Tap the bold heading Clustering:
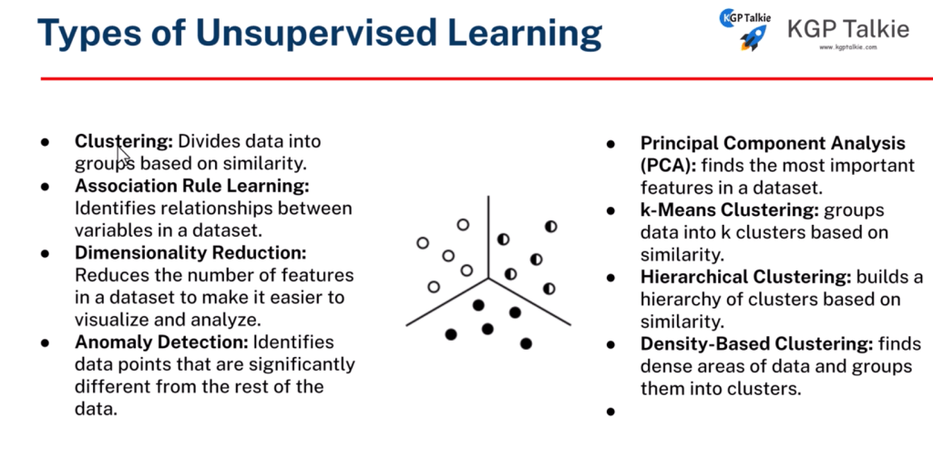[x=124, y=141]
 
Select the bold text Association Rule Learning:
[x=192, y=186]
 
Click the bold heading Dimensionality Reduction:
[x=190, y=252]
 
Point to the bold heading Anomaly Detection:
[x=161, y=342]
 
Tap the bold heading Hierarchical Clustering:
[x=745, y=277]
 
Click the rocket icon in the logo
[x=754, y=38]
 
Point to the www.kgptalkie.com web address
[x=848, y=47]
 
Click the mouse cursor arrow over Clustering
[x=123, y=155]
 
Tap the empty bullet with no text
[x=610, y=411]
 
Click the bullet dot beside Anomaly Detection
[x=45, y=342]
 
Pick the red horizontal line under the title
[x=487, y=78]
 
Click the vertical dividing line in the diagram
[x=488, y=237]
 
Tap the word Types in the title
[x=89, y=35]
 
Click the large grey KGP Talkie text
[x=848, y=28]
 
